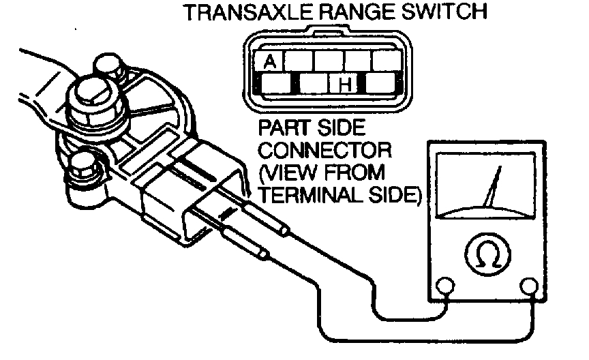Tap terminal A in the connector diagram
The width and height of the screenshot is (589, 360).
click(270, 63)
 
